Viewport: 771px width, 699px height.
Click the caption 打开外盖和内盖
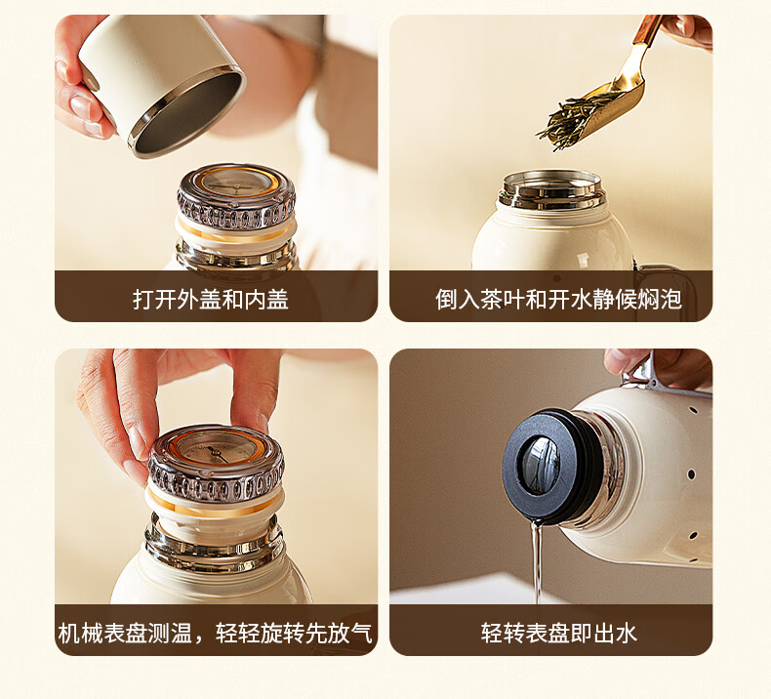(211, 299)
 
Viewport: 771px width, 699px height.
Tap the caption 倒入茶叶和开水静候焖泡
(558, 299)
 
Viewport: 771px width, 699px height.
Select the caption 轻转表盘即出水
(558, 633)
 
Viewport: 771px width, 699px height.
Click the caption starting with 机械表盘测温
(216, 633)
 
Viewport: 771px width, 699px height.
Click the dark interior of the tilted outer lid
(186, 114)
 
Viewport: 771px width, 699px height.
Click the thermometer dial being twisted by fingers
(216, 449)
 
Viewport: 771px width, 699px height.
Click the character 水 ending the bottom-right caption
(627, 633)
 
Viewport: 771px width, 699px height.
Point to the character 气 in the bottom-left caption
(361, 633)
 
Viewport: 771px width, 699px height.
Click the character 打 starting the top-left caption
(143, 299)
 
